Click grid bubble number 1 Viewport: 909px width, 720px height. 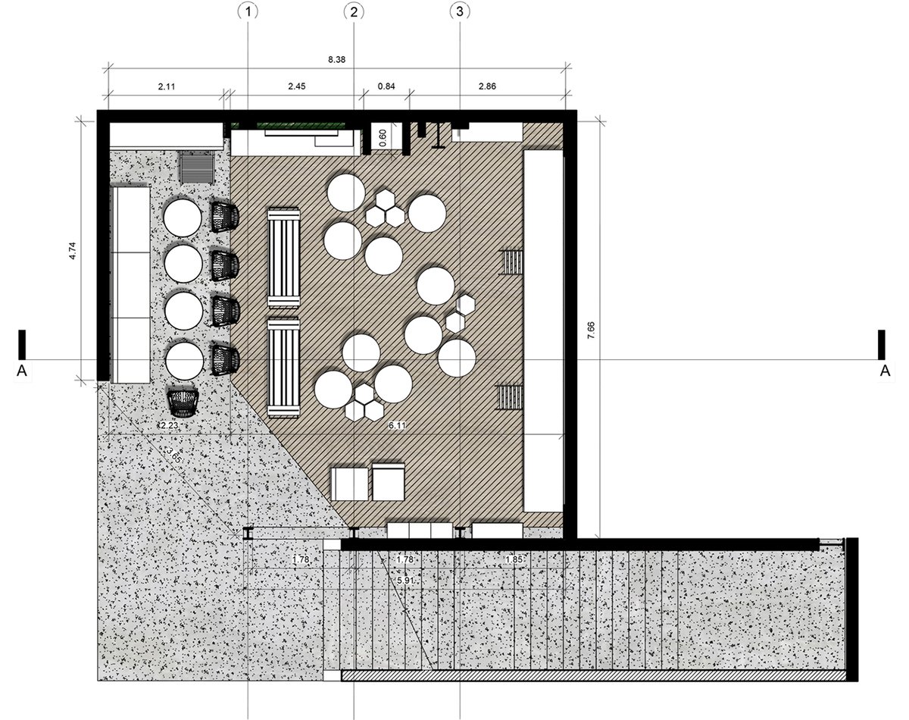pyautogui.click(x=248, y=12)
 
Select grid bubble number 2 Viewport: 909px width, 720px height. pyautogui.click(x=354, y=12)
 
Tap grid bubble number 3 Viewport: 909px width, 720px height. pyautogui.click(x=460, y=12)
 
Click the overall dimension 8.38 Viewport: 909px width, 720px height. pyautogui.click(x=336, y=60)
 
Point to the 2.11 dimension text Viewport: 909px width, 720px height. pyautogui.click(x=167, y=86)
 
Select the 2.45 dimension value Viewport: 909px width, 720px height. pyautogui.click(x=297, y=86)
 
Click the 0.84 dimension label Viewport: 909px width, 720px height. pyautogui.click(x=386, y=86)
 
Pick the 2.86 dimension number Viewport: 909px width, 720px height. pyautogui.click(x=487, y=86)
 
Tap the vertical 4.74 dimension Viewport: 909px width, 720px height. pyautogui.click(x=73, y=251)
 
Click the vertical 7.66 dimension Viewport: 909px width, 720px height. pyautogui.click(x=591, y=330)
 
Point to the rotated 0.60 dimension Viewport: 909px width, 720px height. pyautogui.click(x=383, y=138)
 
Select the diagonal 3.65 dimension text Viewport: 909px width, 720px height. pyautogui.click(x=174, y=456)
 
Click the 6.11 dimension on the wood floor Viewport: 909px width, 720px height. pyautogui.click(x=397, y=425)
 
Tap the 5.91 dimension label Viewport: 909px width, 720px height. pyautogui.click(x=405, y=581)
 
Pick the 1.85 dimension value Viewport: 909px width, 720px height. pyautogui.click(x=514, y=559)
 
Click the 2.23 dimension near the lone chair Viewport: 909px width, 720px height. pyautogui.click(x=169, y=425)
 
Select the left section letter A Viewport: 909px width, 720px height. pyautogui.click(x=21, y=371)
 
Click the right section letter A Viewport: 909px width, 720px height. pyautogui.click(x=885, y=371)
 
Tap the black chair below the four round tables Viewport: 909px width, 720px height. pyautogui.click(x=183, y=403)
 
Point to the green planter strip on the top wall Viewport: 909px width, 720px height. pyautogui.click(x=301, y=126)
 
